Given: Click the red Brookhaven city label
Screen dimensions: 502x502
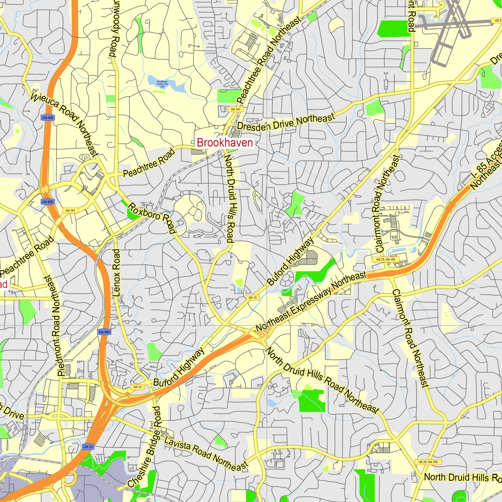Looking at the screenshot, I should point(225,143).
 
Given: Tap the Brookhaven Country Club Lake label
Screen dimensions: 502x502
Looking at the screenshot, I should point(162,84).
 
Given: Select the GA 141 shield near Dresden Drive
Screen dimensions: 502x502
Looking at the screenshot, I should point(235,109).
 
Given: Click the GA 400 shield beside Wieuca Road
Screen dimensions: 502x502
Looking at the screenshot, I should point(47,118).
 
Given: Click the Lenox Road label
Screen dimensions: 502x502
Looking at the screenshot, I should point(116,273).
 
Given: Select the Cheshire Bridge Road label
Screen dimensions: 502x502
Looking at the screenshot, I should point(146,447).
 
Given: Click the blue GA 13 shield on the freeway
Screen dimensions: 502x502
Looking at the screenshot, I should point(88,447).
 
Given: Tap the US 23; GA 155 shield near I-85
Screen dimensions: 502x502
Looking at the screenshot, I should point(386,259).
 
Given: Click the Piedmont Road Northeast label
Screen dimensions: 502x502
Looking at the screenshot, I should point(55,326).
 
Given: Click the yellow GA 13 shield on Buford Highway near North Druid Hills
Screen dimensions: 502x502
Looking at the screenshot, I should point(252,297).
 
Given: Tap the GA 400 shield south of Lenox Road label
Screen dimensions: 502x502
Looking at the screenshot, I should point(104,332).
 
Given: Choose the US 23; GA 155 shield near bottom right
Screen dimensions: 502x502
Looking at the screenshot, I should point(428,462).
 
